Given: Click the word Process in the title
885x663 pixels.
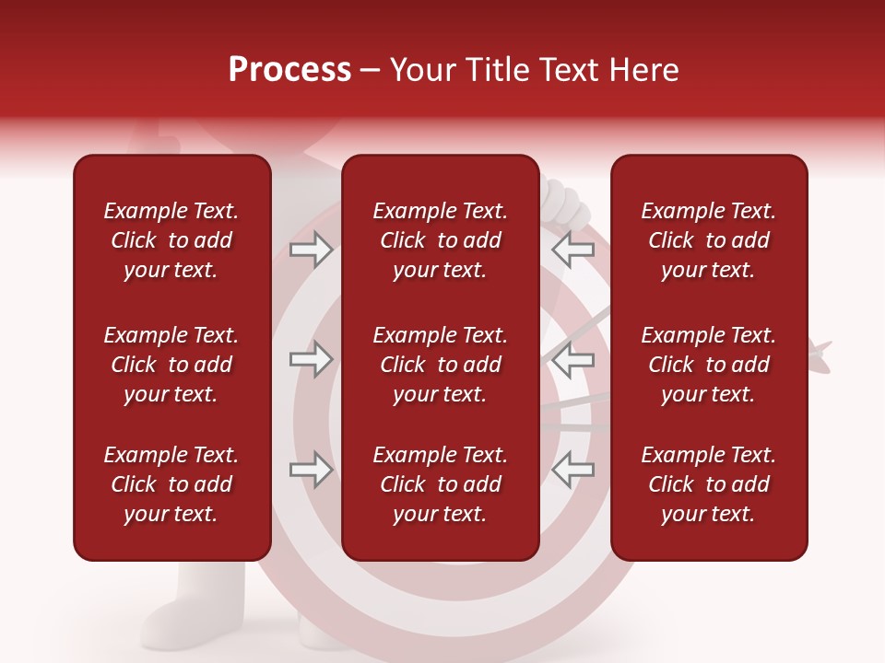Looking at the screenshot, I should point(289,70).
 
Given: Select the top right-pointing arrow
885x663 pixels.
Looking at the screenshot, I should point(312,250).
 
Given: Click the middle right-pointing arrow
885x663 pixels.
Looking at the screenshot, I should point(312,360).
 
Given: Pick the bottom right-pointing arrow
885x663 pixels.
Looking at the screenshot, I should point(312,471).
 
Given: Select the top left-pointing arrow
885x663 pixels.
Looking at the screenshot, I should point(572,250).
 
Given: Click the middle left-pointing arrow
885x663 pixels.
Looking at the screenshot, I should point(572,360).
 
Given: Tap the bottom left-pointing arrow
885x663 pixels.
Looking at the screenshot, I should point(572,471).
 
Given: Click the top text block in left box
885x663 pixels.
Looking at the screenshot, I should point(171,240).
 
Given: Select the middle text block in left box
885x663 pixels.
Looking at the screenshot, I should point(171,365).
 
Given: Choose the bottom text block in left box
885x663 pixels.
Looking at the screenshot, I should point(171,484).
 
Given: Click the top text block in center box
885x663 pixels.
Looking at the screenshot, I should point(440,240).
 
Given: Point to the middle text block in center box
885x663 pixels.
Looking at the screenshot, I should point(440,365).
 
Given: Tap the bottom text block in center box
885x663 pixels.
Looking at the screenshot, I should point(440,484).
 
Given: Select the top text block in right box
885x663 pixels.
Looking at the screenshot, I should point(708,240).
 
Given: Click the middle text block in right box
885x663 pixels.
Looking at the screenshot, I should point(708,365).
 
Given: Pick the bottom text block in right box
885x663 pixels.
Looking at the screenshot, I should point(708,484).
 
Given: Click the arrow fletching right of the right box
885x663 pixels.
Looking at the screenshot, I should point(820,355).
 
